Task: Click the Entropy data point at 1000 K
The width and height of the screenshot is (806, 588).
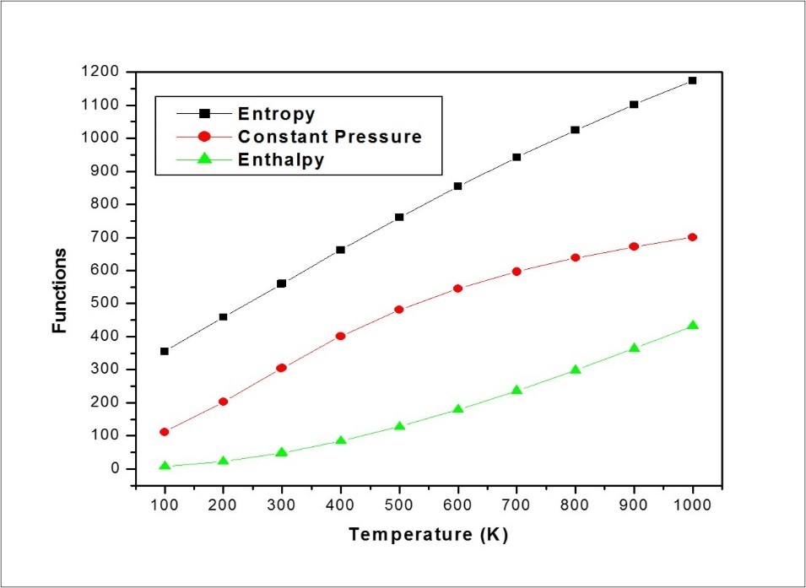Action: point(692,80)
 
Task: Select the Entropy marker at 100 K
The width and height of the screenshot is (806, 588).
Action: point(165,351)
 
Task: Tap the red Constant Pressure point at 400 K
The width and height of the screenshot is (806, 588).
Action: point(340,336)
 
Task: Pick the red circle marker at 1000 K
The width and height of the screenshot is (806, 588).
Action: point(692,237)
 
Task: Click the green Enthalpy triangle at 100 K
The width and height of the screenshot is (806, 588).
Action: point(165,466)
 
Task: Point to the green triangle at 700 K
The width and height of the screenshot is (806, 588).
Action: point(517,391)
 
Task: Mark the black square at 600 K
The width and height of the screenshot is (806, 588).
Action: point(457,186)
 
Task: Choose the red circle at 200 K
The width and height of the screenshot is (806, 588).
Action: point(223,402)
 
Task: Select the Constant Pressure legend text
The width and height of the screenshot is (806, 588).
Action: point(329,137)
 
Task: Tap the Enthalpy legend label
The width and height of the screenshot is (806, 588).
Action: point(280,160)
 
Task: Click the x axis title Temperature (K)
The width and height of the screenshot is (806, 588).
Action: point(428,534)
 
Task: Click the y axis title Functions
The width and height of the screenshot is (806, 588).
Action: point(60,289)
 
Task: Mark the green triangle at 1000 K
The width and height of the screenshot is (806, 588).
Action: point(692,326)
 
